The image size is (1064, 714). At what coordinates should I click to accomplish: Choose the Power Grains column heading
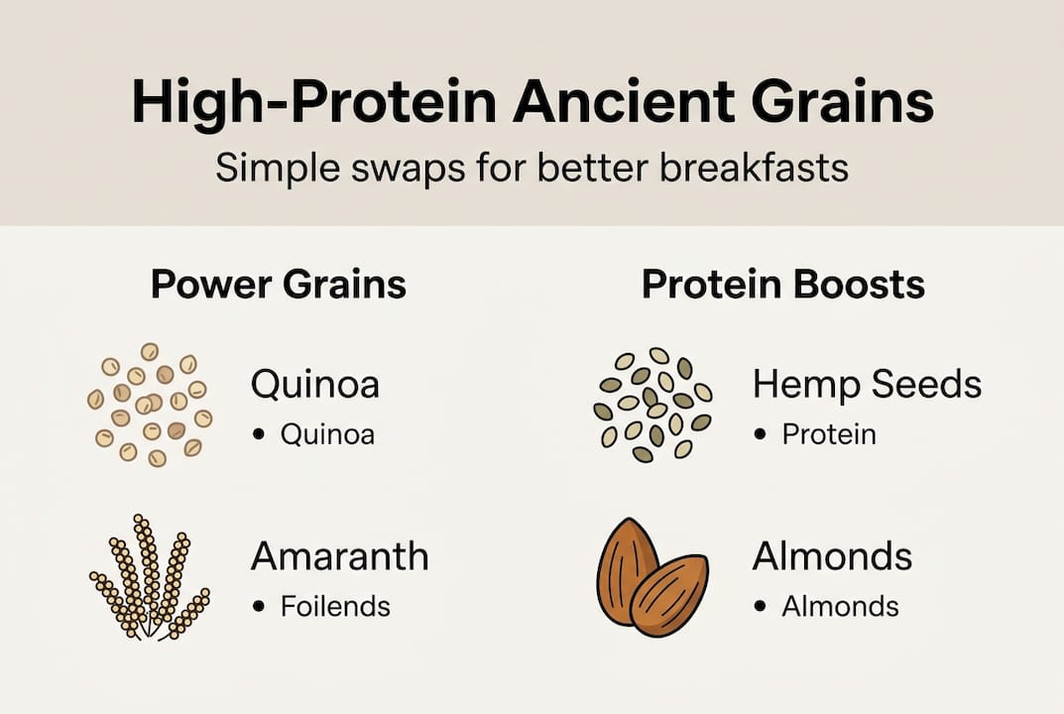click(x=279, y=285)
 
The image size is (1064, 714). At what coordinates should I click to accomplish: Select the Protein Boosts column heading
click(x=782, y=285)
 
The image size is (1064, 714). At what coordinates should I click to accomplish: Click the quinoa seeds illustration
click(x=149, y=405)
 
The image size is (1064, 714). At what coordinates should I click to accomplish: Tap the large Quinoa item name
click(x=314, y=385)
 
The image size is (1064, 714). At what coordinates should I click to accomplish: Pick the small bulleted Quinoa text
click(x=327, y=434)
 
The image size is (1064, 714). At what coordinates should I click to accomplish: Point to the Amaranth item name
click(x=339, y=556)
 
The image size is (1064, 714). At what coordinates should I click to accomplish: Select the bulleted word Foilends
click(x=335, y=606)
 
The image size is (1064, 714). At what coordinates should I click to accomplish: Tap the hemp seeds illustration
click(x=651, y=405)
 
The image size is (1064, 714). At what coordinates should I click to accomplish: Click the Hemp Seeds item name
click(x=866, y=385)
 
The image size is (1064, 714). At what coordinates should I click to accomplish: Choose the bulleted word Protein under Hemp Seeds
click(x=829, y=434)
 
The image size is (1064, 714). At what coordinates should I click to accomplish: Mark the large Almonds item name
click(x=831, y=556)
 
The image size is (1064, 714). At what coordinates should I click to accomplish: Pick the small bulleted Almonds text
click(x=840, y=606)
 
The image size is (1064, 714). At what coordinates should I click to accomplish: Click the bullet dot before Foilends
click(x=260, y=607)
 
